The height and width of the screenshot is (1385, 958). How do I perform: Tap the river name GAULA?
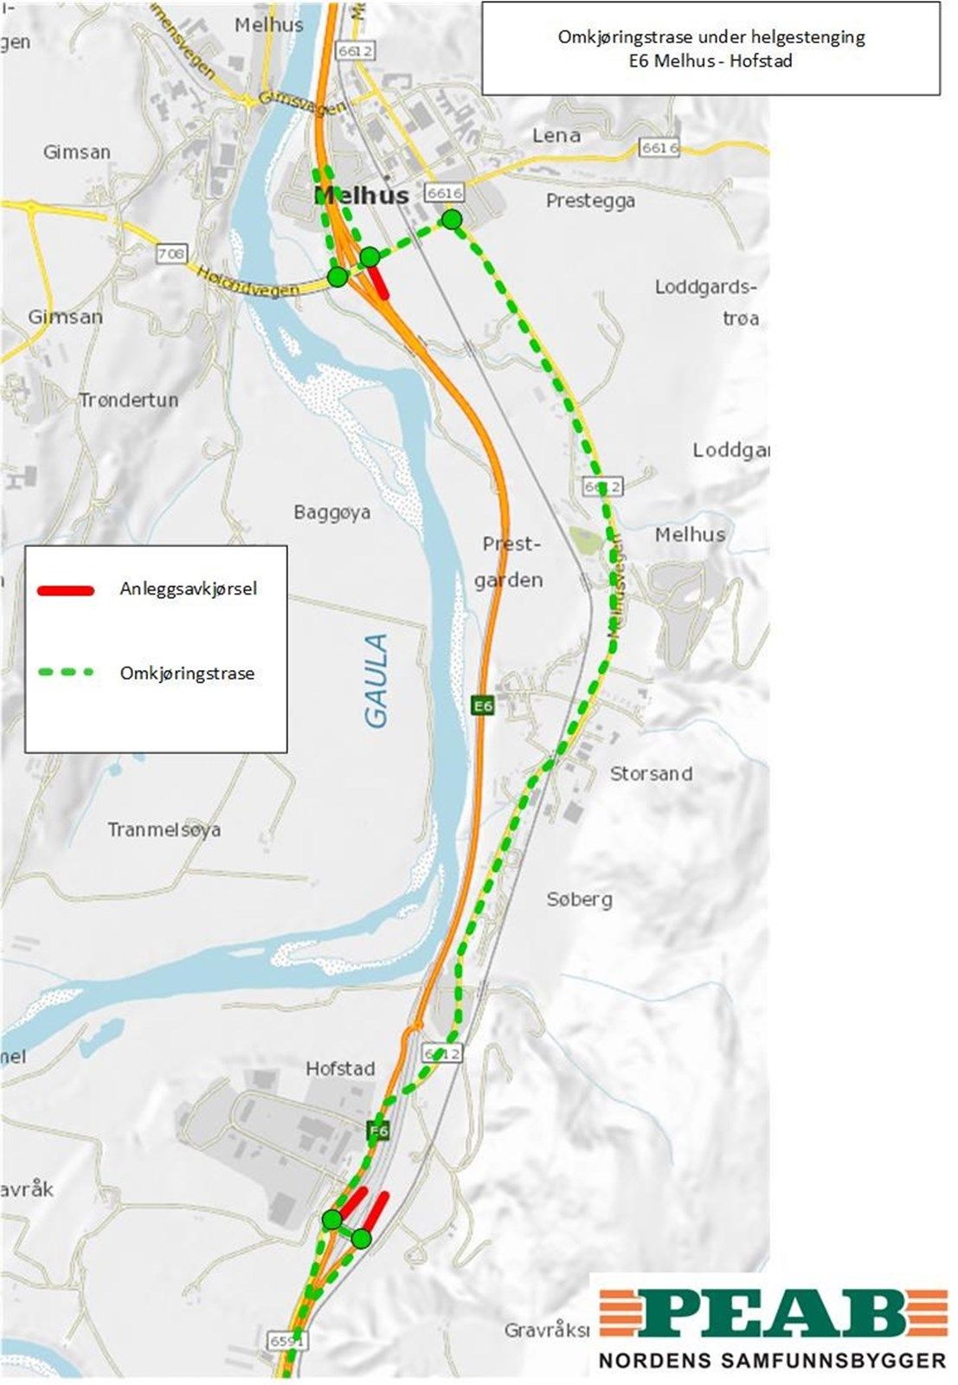click(x=377, y=680)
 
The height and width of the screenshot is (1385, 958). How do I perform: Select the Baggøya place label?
click(x=331, y=512)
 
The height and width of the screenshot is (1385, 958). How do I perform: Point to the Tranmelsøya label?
click(x=164, y=829)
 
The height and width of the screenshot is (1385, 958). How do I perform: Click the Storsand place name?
click(x=651, y=773)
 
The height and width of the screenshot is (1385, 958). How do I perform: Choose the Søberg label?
click(x=579, y=899)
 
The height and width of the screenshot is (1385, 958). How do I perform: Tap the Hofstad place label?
click(x=340, y=1068)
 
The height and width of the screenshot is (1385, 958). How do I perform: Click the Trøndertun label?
click(x=128, y=400)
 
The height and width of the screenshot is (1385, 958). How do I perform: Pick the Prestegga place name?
click(x=590, y=200)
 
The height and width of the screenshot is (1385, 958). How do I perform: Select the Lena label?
click(x=556, y=135)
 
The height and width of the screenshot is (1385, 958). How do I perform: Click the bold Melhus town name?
click(x=362, y=196)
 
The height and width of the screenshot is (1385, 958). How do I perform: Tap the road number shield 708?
click(x=171, y=254)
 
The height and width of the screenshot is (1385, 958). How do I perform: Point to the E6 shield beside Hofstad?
click(x=378, y=1130)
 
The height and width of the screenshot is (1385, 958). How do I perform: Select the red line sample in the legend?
click(x=66, y=590)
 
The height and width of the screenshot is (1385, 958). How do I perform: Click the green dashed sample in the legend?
click(x=66, y=672)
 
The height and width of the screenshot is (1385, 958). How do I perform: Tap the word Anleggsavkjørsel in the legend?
click(x=188, y=589)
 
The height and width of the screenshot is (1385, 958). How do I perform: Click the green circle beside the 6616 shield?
click(x=451, y=219)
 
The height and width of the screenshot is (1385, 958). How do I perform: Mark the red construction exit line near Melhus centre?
click(x=379, y=280)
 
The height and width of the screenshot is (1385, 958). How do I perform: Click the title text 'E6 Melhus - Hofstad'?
click(x=710, y=61)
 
